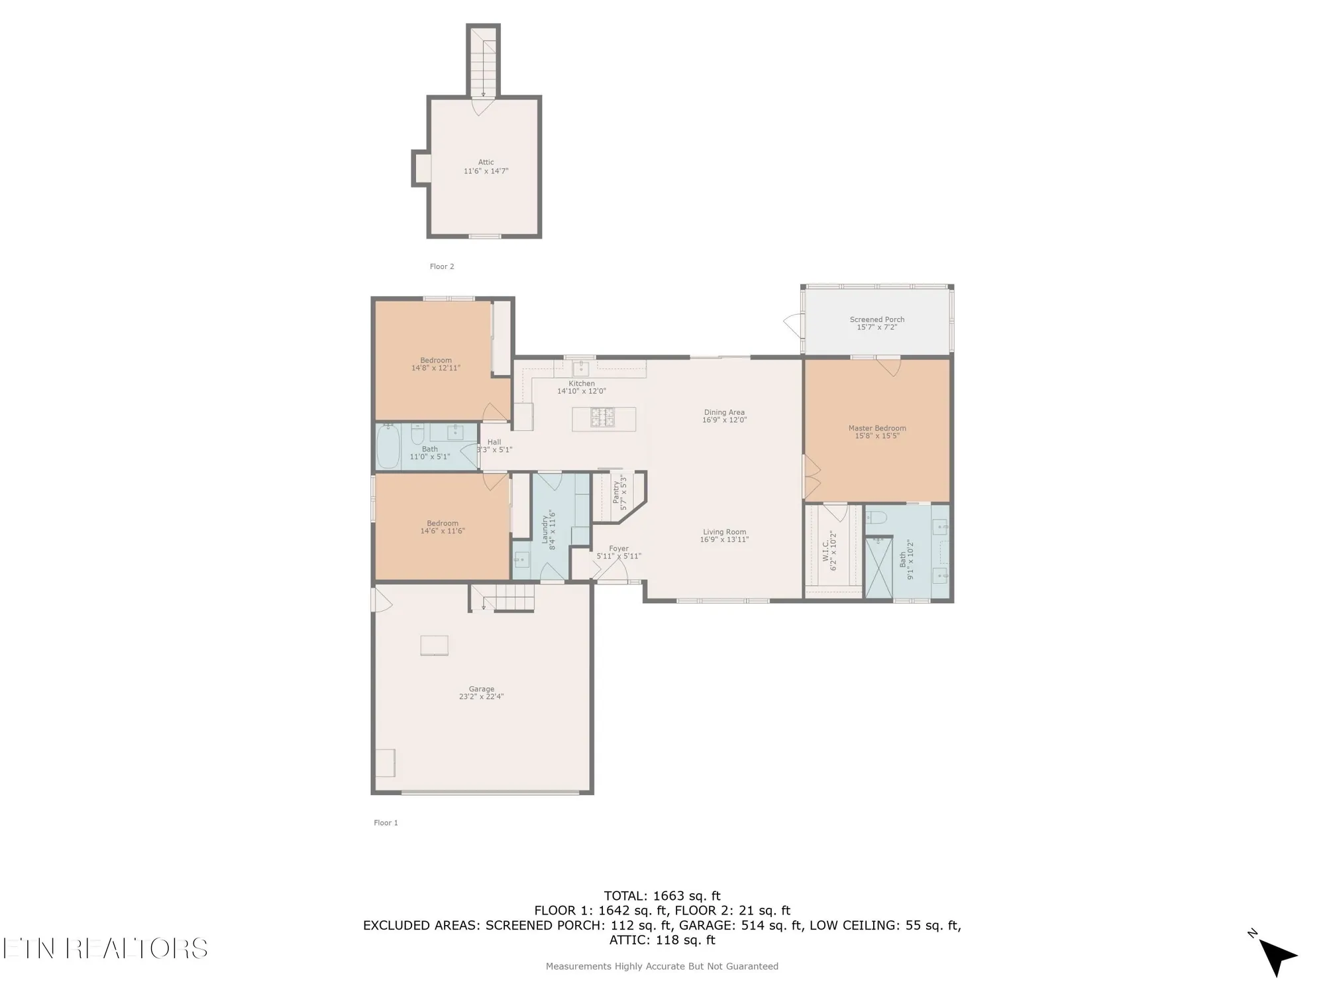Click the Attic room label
click(486, 162)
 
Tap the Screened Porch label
click(876, 319)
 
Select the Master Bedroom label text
click(876, 428)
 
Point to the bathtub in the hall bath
click(388, 447)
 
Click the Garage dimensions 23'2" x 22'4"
click(482, 697)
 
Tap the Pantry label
click(616, 493)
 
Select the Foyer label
click(618, 549)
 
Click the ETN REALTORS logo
click(105, 948)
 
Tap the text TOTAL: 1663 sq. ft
click(662, 896)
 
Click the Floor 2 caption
click(442, 266)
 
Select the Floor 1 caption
click(386, 822)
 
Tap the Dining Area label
click(724, 412)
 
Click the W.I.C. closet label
click(825, 550)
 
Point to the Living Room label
click(724, 531)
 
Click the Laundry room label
click(545, 528)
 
